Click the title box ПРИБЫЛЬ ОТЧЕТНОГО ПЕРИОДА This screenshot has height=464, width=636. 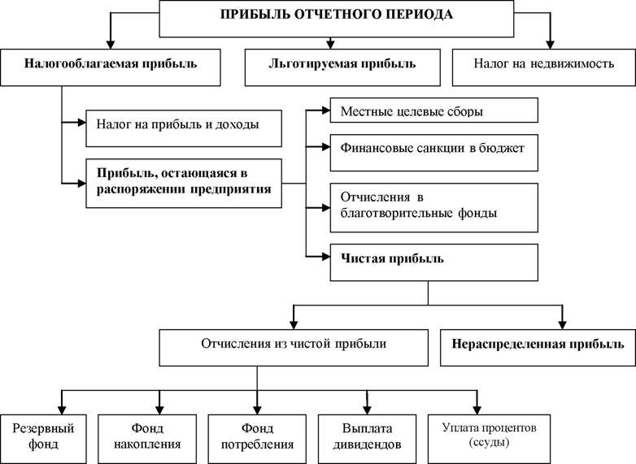(x=336, y=19)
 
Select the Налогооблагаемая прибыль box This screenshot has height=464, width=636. (x=111, y=67)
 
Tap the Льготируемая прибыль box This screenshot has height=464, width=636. (x=342, y=67)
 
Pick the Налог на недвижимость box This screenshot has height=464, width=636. (x=543, y=67)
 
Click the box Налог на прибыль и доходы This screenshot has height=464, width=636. (x=184, y=128)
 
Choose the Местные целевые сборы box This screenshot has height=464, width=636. (x=434, y=110)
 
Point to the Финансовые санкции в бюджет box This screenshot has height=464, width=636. (x=434, y=153)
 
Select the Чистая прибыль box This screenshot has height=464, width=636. (x=434, y=262)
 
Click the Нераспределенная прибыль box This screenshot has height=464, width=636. (x=538, y=347)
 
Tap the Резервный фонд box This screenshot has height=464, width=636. (x=43, y=439)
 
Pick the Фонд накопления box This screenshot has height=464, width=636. (x=147, y=439)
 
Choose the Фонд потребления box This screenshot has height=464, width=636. (x=257, y=439)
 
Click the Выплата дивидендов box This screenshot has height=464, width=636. (x=367, y=439)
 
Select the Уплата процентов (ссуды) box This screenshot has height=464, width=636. (x=490, y=439)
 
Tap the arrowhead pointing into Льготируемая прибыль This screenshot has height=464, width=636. (x=330, y=44)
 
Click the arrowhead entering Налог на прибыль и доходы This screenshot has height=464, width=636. (x=81, y=122)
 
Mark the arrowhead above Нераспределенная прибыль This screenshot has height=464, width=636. (x=562, y=324)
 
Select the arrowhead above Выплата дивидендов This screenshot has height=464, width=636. (x=367, y=410)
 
